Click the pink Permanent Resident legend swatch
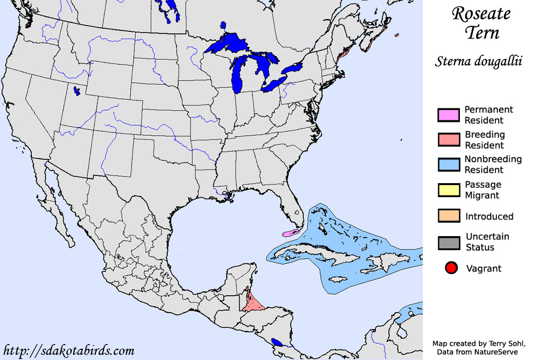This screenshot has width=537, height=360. (x=448, y=115)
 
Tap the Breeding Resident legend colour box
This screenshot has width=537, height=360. (x=448, y=140)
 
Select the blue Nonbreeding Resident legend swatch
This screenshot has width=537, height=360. (x=448, y=165)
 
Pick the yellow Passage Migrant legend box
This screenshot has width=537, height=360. (x=448, y=190)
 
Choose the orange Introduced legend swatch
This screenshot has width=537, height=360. (x=448, y=216)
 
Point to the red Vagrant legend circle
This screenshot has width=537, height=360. (x=451, y=268)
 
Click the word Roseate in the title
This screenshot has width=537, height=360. (x=481, y=14)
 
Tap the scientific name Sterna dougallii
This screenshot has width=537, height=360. (x=478, y=61)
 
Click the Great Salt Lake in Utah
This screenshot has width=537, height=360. (x=77, y=92)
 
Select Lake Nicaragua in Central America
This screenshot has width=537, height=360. (x=277, y=341)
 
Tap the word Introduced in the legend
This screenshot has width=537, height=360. (x=489, y=216)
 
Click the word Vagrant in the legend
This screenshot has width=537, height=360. (x=483, y=268)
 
